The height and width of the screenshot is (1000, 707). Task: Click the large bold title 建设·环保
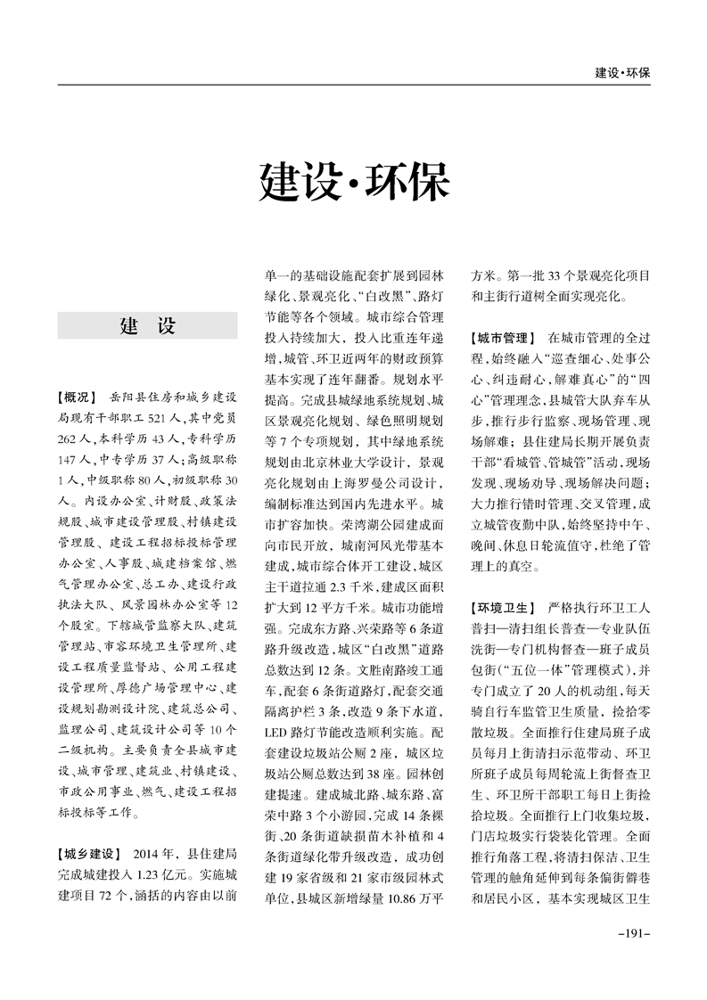[354, 182]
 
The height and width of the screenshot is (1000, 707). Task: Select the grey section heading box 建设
[147, 326]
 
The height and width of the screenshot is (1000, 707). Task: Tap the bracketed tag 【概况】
[78, 397]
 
